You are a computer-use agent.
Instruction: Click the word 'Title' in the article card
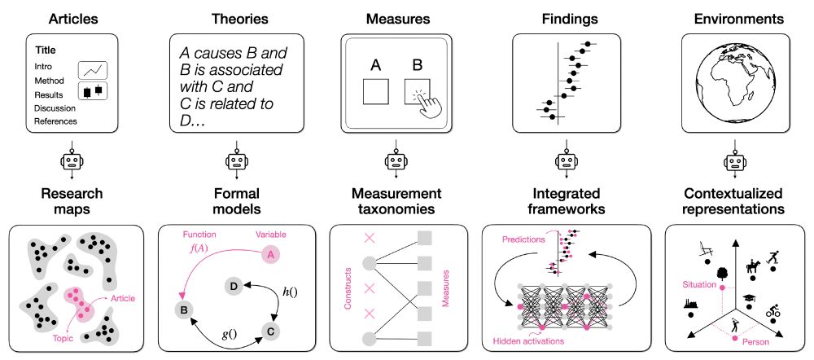coord(45,50)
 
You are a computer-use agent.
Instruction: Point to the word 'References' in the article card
coord(55,121)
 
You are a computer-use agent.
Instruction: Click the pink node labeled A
coord(269,256)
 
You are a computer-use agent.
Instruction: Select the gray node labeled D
coord(234,286)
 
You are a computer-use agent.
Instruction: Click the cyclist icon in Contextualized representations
coord(773,313)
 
